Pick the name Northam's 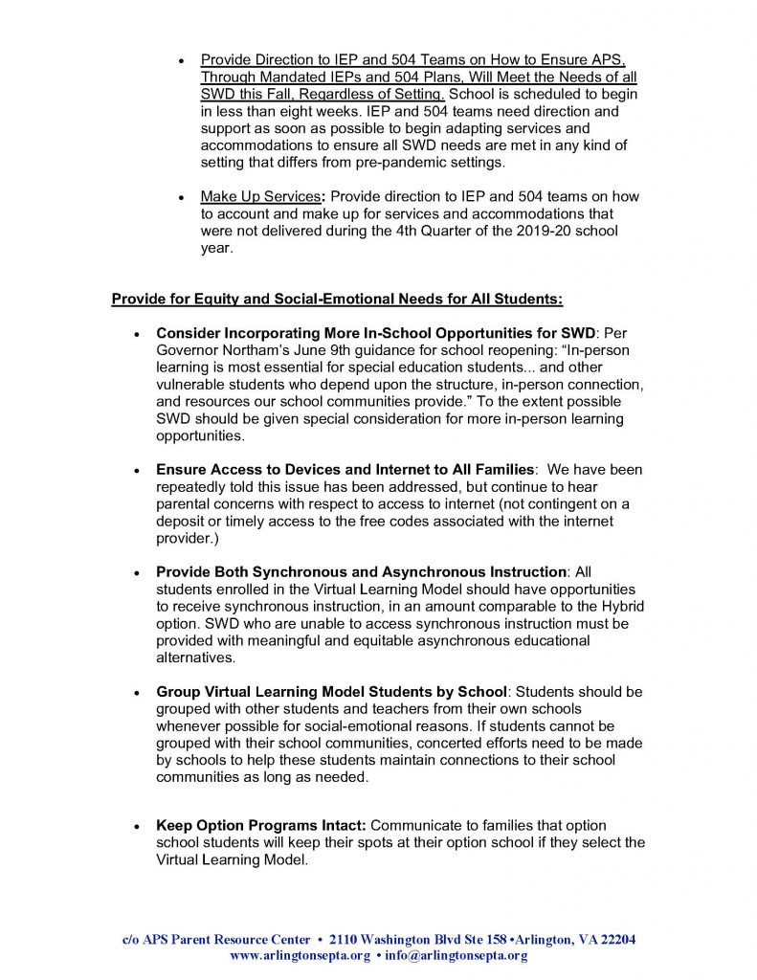pyautogui.click(x=252, y=350)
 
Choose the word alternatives pyautogui.click(x=195, y=658)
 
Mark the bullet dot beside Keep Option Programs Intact pyautogui.click(x=138, y=826)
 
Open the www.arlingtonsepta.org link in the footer pyautogui.click(x=300, y=955)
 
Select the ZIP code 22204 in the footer pyautogui.click(x=616, y=939)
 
